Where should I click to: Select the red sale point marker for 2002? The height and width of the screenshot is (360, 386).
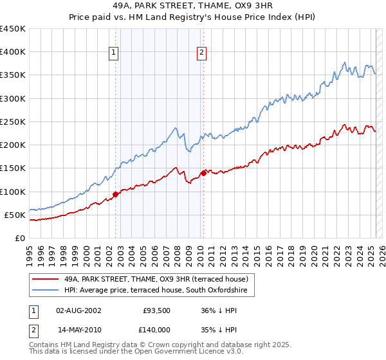point(115,194)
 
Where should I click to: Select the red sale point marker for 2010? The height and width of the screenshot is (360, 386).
point(204,172)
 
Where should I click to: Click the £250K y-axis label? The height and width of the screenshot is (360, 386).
point(13,122)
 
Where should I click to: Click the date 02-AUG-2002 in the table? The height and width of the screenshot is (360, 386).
point(79,310)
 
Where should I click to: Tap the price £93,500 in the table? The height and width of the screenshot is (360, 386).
point(156,310)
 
